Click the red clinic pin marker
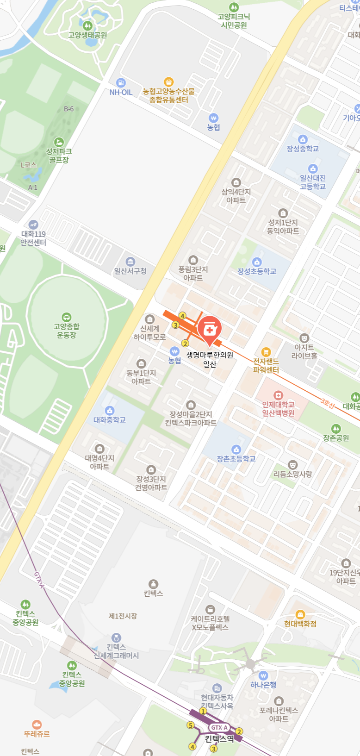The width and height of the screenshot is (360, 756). point(210,330)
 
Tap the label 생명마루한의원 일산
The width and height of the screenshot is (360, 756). point(210,359)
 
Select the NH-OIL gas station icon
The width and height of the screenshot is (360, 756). point(121,83)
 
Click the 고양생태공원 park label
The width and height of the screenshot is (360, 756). point(87,35)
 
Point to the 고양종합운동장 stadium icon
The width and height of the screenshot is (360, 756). point(67,318)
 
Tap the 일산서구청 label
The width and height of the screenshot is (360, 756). point(130,271)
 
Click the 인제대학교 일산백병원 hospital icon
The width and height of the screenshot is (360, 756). point(278,395)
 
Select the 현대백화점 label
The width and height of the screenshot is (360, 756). point(300,624)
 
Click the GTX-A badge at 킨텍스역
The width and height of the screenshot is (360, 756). point(219,727)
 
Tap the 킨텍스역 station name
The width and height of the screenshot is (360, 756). point(219,738)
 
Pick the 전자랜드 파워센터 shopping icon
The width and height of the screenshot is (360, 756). point(266,352)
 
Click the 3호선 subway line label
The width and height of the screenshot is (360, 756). point(327,404)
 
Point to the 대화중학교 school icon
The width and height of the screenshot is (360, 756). point(110,410)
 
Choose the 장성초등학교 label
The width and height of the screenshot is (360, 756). point(257,271)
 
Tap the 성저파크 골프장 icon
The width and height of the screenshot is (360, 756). point(59,142)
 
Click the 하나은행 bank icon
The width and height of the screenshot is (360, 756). point(263,675)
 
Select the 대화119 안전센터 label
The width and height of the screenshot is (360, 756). point(33,238)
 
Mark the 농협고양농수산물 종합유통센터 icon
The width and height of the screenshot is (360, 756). point(169,82)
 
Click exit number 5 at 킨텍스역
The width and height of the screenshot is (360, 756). point(190,725)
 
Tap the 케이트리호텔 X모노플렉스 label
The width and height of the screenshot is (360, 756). point(210,623)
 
